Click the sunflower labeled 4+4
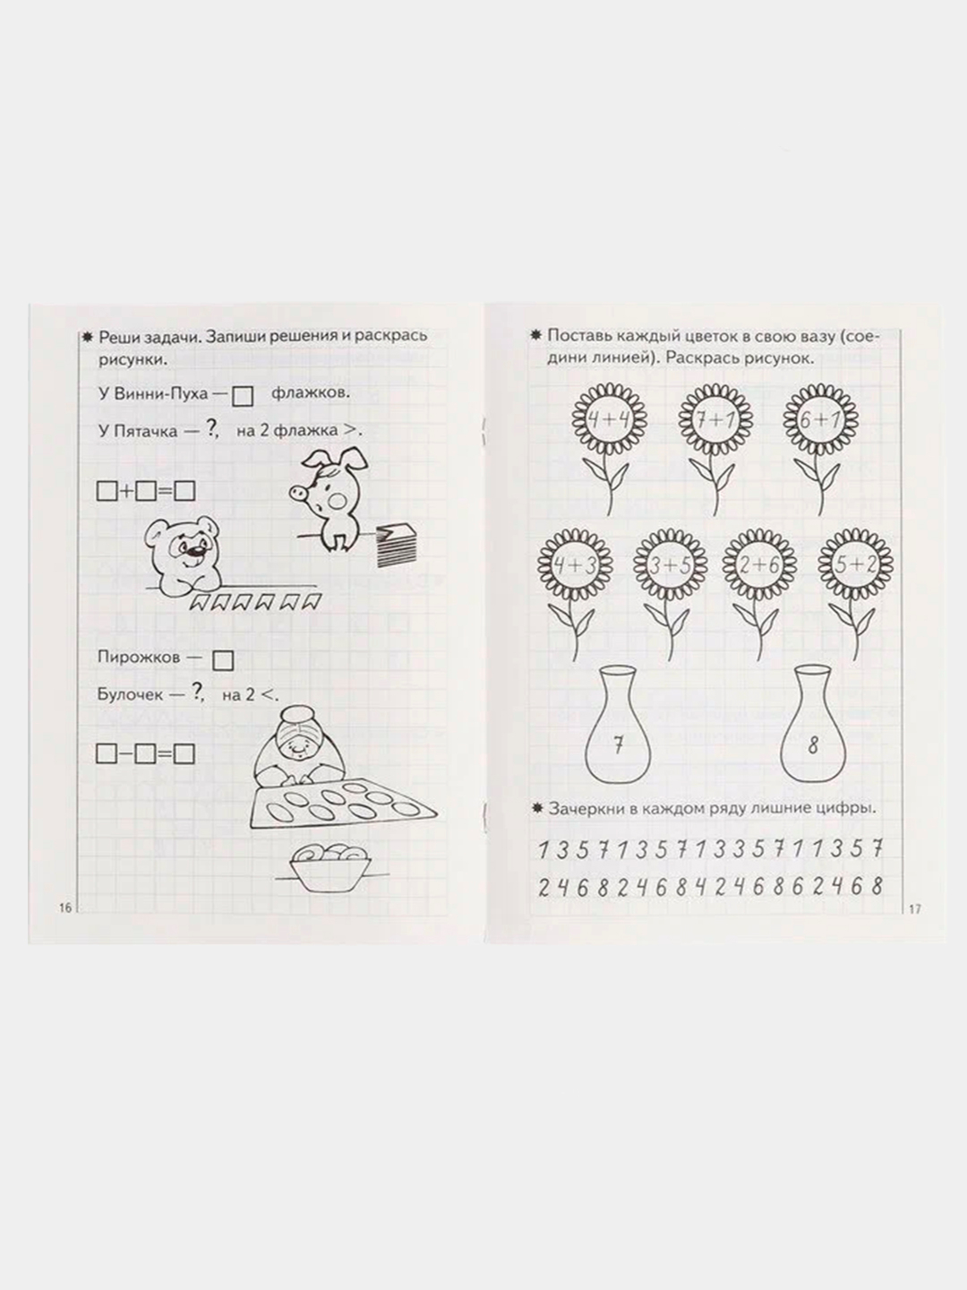click(609, 419)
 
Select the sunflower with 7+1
click(715, 420)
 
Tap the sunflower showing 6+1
click(820, 420)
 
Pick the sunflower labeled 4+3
click(575, 564)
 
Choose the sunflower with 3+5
click(671, 565)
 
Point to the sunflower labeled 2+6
click(759, 565)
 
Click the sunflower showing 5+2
click(855, 565)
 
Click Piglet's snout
click(298, 494)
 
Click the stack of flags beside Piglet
click(397, 545)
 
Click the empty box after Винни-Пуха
click(243, 397)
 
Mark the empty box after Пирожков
click(223, 660)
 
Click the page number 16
click(64, 908)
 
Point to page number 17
click(915, 910)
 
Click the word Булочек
click(130, 694)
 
